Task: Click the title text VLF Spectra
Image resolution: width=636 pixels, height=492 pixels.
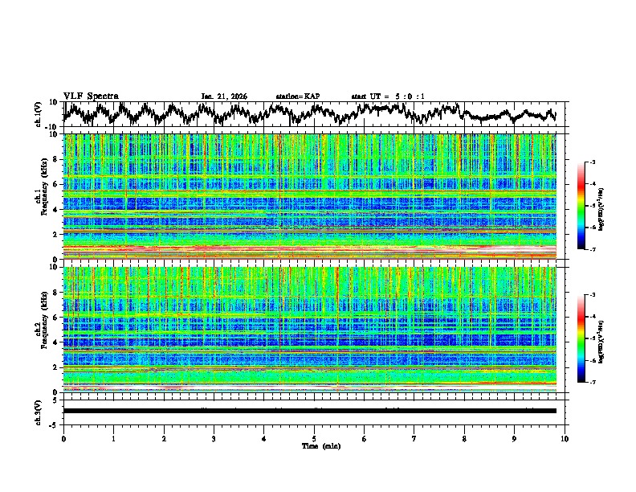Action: [x=91, y=96]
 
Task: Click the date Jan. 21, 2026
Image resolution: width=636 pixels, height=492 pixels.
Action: [x=224, y=96]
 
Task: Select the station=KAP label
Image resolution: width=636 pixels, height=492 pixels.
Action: [x=298, y=96]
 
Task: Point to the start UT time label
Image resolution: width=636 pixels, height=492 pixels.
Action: [x=388, y=96]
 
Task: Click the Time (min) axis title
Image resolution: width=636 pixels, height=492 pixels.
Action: [x=314, y=445]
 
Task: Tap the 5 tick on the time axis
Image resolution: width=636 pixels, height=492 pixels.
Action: [x=314, y=438]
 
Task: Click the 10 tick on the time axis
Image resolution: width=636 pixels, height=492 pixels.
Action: [x=565, y=438]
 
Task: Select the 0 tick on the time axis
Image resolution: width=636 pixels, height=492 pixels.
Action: [x=63, y=438]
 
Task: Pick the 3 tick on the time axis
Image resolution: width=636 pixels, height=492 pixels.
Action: [x=214, y=438]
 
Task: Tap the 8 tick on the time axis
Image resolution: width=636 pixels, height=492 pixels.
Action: [x=464, y=438]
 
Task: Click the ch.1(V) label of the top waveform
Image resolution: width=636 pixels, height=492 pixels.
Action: [x=39, y=114]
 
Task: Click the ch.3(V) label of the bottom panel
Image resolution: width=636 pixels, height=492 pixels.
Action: [x=39, y=411]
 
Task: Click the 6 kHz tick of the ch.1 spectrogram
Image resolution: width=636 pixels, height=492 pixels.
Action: [x=56, y=184]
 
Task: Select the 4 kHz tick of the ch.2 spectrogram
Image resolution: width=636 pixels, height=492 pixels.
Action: [x=56, y=342]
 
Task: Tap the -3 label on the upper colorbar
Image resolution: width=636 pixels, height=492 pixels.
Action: [x=593, y=162]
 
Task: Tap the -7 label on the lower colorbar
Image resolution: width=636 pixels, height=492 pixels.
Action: [x=593, y=383]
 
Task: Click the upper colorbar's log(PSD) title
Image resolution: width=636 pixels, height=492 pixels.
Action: [x=601, y=207]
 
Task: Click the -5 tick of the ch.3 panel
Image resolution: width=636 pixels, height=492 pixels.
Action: [x=55, y=423]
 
